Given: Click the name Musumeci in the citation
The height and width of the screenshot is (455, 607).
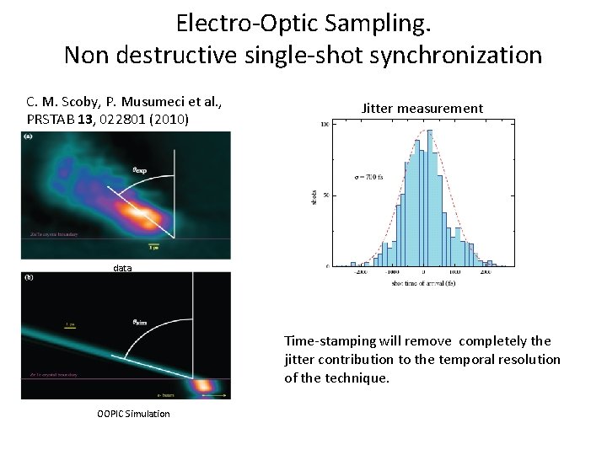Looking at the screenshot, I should tap(145, 101).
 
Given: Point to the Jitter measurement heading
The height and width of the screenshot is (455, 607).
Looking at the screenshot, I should tap(422, 108).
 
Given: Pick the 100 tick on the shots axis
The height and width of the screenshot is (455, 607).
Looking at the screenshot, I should tap(323, 125).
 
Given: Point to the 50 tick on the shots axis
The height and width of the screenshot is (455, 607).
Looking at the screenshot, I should tap(325, 195).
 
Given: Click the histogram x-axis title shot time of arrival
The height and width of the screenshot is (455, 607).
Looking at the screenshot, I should tap(424, 282).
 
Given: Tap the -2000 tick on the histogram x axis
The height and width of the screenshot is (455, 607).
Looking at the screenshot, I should tap(361, 272).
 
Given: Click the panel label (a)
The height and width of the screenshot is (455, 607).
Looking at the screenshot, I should tap(29, 136).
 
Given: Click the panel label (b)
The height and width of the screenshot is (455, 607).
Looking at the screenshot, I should tap(29, 276).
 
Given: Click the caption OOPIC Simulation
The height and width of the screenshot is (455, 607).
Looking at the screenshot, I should tap(133, 413).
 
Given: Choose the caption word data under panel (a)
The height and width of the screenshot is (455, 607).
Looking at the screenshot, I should tap(123, 268).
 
